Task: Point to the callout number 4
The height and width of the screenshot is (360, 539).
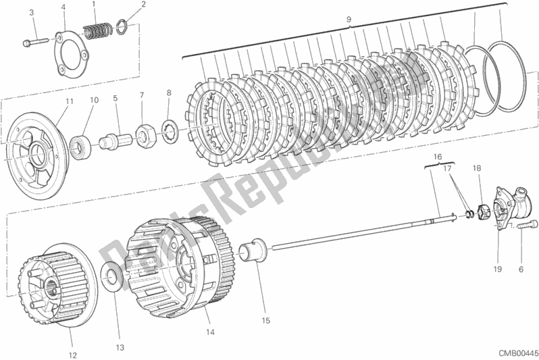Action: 63,7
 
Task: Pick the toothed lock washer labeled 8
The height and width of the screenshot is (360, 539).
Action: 169,131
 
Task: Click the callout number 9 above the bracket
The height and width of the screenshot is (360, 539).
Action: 349,20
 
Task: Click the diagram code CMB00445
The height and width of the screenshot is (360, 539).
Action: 515,353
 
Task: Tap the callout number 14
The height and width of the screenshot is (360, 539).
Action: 210,332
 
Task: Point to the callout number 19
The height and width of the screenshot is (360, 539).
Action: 497,269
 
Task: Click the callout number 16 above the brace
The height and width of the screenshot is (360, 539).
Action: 437,157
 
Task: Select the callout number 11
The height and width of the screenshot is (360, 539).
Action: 70,101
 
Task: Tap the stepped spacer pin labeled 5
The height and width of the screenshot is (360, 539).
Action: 115,141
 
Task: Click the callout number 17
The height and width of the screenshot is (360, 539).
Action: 446,168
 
